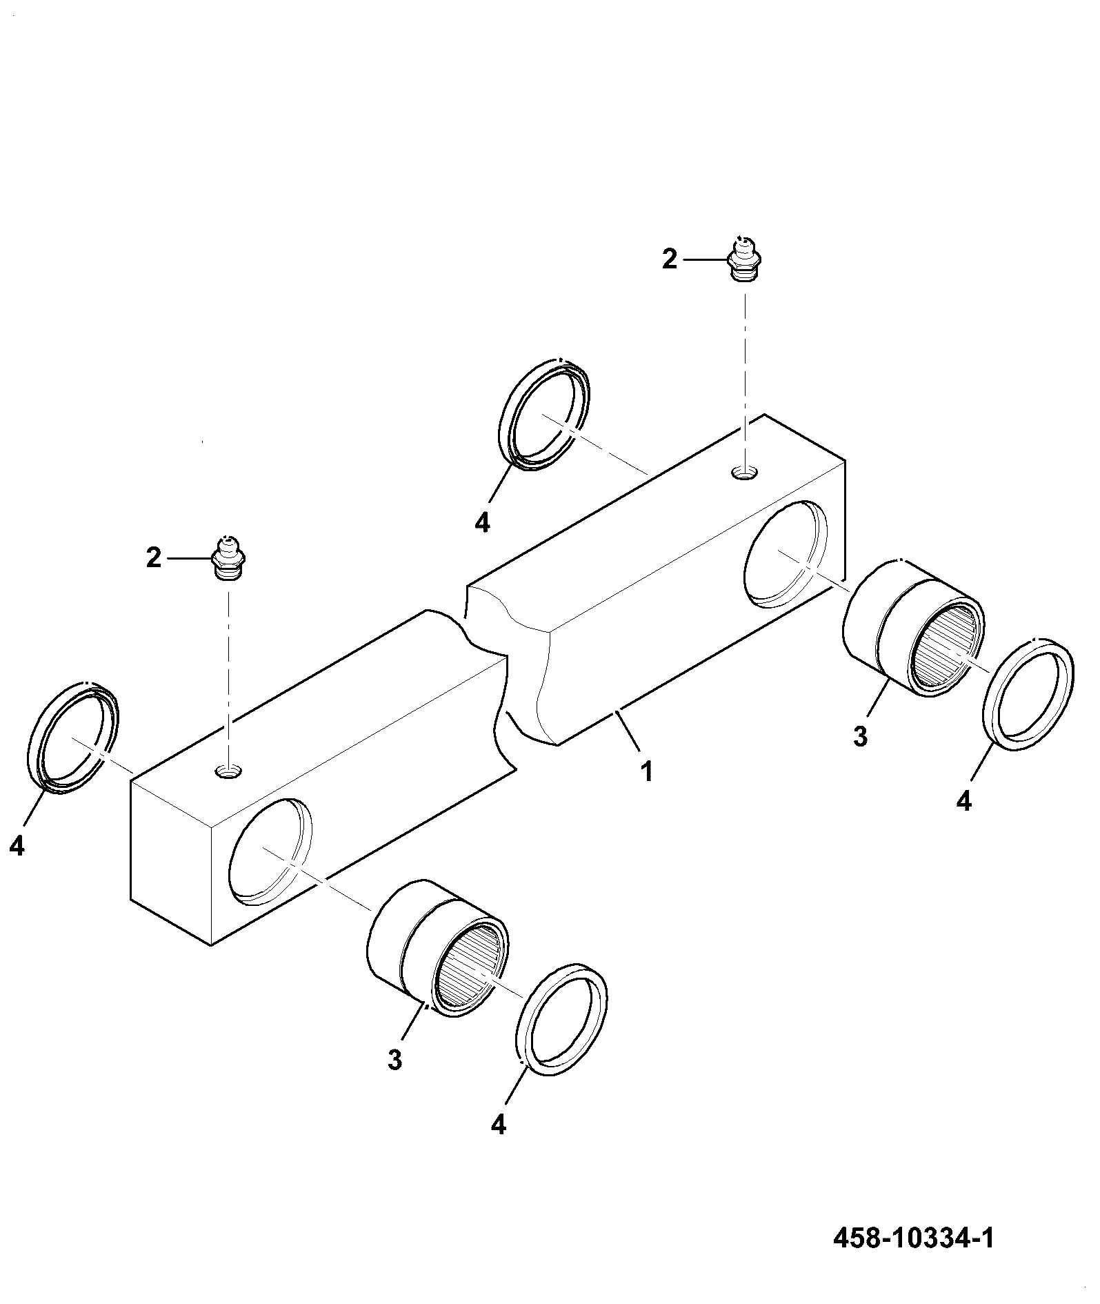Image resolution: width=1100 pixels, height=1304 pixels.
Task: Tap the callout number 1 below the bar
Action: click(646, 771)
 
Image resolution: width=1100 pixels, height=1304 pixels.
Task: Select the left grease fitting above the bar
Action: click(227, 557)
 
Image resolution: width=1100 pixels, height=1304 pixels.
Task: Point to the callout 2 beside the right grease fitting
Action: click(670, 259)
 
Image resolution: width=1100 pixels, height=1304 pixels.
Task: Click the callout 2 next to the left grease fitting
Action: click(153, 558)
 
